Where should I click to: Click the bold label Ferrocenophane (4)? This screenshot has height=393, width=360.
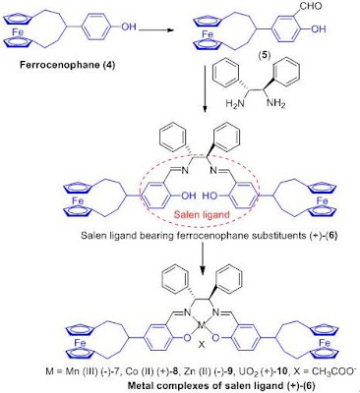point(68,65)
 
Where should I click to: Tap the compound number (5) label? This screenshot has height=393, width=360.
point(264,56)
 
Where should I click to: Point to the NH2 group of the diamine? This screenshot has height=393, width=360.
point(275,103)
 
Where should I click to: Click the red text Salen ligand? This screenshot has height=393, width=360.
point(202,215)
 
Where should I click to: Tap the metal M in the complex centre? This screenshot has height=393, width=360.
point(201,326)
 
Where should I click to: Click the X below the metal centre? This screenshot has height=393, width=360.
point(202,345)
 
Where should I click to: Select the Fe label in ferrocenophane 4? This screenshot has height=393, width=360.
point(19,32)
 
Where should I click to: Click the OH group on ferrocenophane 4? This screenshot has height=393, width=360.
point(128,27)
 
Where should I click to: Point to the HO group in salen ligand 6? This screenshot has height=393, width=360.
point(210,196)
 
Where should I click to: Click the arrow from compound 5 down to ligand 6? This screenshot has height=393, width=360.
point(204,89)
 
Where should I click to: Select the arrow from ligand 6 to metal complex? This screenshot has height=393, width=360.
point(204,259)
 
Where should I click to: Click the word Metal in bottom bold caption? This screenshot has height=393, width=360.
point(138,385)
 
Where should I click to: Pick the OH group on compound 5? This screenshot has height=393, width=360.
point(318,29)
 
